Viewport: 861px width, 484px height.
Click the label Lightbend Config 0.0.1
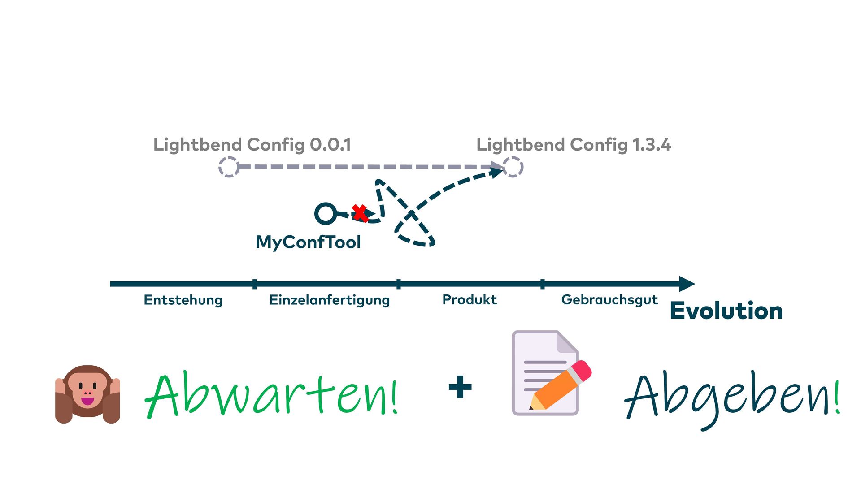252,145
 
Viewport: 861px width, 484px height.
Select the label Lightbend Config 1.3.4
574,145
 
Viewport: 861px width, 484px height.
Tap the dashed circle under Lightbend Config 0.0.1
229,167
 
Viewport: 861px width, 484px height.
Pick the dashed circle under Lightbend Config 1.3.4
513,167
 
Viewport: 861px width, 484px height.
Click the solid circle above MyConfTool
326,214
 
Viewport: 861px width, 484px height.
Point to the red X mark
360,213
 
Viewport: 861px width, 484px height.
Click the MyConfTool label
308,242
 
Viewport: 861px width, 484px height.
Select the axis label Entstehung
183,300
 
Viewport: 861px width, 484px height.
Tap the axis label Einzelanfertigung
329,300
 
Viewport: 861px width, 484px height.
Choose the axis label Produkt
470,299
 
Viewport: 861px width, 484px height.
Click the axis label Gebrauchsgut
609,299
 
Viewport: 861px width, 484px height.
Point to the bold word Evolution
726,311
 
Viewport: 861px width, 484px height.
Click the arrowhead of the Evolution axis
687,284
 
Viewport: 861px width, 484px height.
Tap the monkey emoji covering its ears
87,394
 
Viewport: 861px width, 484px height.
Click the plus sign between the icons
460,387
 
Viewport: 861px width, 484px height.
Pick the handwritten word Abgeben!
732,397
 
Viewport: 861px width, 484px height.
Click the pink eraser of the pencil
582,370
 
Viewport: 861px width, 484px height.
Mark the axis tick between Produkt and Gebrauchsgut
543,284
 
